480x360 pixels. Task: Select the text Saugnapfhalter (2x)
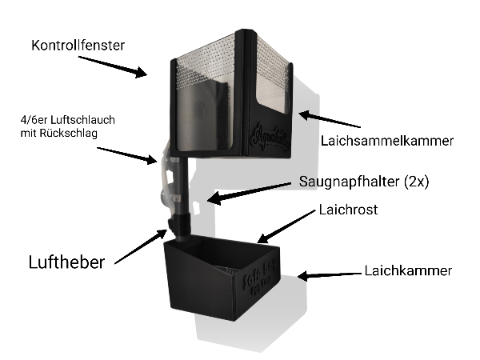[x=364, y=182]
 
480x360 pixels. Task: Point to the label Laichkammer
[x=408, y=270]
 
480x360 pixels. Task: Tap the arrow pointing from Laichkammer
[x=330, y=274]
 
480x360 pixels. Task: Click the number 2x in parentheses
[x=418, y=182]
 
